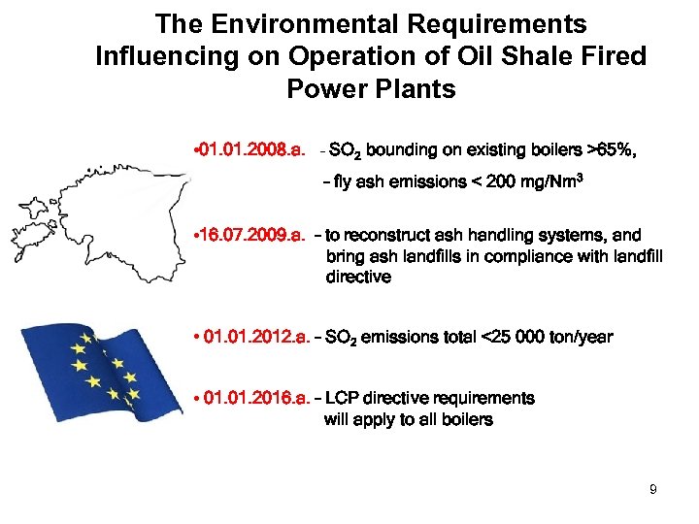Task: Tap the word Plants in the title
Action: click(413, 89)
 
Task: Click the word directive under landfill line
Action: click(358, 277)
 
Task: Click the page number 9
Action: click(653, 489)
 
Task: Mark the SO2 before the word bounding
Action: click(347, 151)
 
